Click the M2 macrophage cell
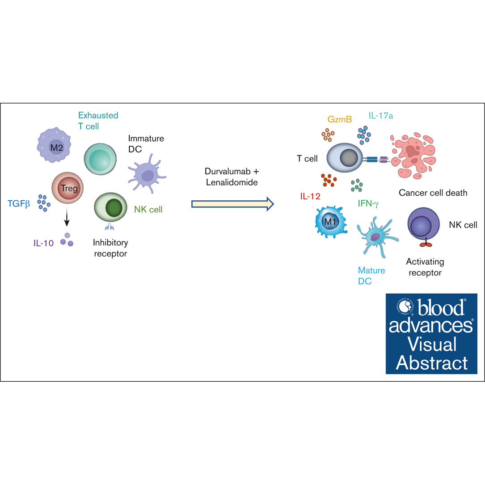point(54,145)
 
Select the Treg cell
point(67,188)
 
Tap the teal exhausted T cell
point(100,159)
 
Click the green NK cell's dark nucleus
point(114,207)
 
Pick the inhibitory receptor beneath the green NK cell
point(109,227)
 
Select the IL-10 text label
point(44,243)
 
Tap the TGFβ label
point(19,204)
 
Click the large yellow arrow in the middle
point(232,204)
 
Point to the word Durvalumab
point(228,171)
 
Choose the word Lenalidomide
point(232,182)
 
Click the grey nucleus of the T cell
point(349,158)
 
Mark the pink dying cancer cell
point(413,156)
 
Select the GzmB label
point(340,119)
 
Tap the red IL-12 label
point(310,196)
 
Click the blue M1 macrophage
point(331,222)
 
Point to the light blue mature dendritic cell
point(377,237)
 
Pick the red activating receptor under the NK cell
point(426,244)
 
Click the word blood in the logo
point(441,308)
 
